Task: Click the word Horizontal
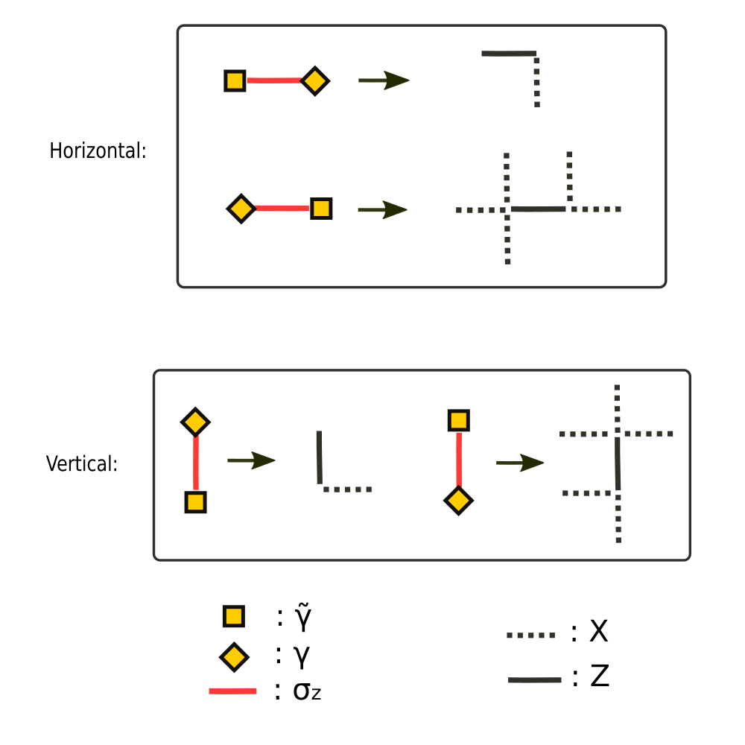[x=97, y=150]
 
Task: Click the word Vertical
[x=81, y=464]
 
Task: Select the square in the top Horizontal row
[x=235, y=80]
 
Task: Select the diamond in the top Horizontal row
[x=315, y=80]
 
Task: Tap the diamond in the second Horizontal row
[x=241, y=209]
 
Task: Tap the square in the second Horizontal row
[x=321, y=209]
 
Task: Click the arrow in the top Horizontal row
[x=384, y=80]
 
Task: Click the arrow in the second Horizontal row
[x=382, y=209]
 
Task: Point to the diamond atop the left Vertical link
[x=195, y=422]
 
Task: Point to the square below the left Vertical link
[x=195, y=502]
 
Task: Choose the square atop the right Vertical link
[x=458, y=420]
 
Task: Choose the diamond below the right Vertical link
[x=458, y=500]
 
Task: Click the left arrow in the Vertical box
[x=251, y=460]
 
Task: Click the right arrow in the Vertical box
[x=520, y=463]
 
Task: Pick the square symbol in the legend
[x=234, y=617]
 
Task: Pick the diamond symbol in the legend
[x=234, y=657]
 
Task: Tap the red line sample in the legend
[x=232, y=691]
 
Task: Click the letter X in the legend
[x=598, y=633]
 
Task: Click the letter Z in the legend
[x=600, y=677]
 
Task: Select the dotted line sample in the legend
[x=531, y=635]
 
